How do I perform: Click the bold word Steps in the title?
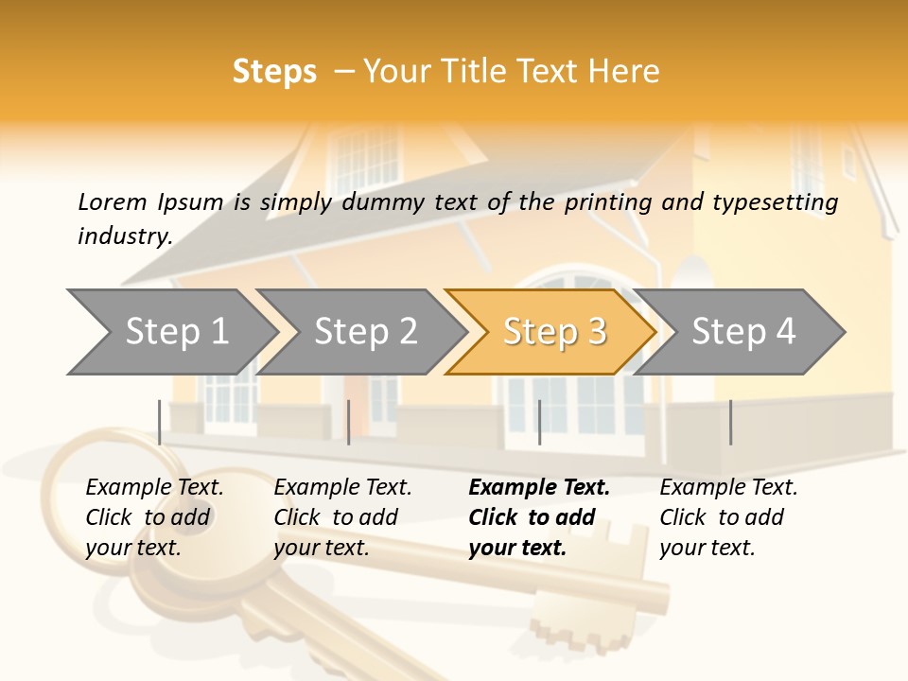pyautogui.click(x=274, y=72)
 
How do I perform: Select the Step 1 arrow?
pyautogui.click(x=170, y=332)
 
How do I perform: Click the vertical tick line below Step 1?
pyautogui.click(x=160, y=422)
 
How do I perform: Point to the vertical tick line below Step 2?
pyautogui.click(x=349, y=422)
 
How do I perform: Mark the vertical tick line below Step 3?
pyautogui.click(x=539, y=422)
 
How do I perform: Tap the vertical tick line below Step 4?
pyautogui.click(x=730, y=422)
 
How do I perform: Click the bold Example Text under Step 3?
pyautogui.click(x=539, y=517)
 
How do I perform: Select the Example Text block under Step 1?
pyautogui.click(x=154, y=517)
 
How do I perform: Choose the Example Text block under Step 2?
pyautogui.click(x=342, y=517)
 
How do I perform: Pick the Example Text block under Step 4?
pyautogui.click(x=728, y=517)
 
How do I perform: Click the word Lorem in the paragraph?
pyautogui.click(x=112, y=202)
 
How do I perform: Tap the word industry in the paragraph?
pyautogui.click(x=124, y=236)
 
